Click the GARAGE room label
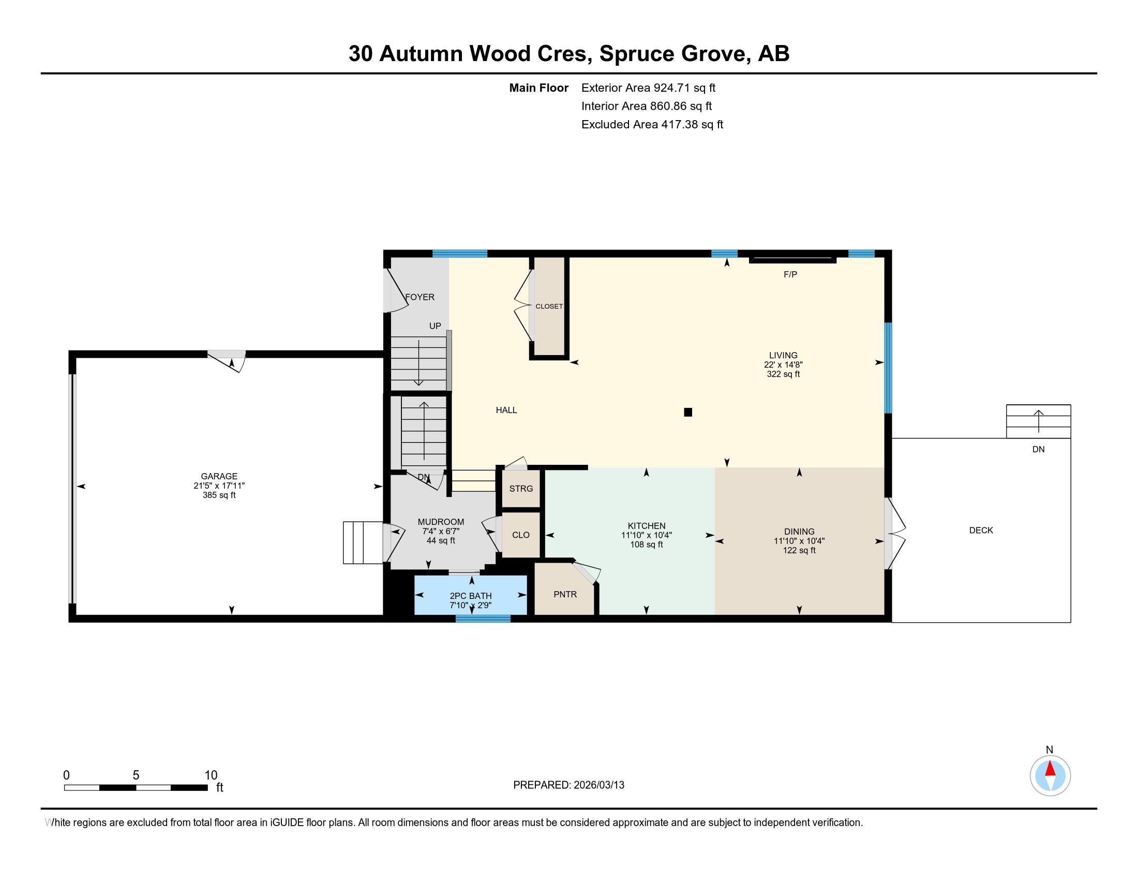click(219, 476)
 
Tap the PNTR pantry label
click(565, 594)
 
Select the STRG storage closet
click(520, 489)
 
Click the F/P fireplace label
click(790, 274)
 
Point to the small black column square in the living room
click(688, 413)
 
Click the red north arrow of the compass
click(1050, 768)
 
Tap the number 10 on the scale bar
click(211, 775)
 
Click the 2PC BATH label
click(471, 596)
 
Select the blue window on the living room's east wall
click(888, 368)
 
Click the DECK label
click(981, 530)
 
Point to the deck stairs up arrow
click(1039, 421)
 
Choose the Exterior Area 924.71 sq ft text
click(648, 87)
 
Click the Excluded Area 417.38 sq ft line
click(652, 124)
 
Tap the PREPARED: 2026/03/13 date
click(568, 785)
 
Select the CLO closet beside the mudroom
click(520, 535)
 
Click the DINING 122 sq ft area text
click(799, 551)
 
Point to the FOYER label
click(420, 297)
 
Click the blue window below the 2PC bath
click(483, 619)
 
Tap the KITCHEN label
click(646, 526)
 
